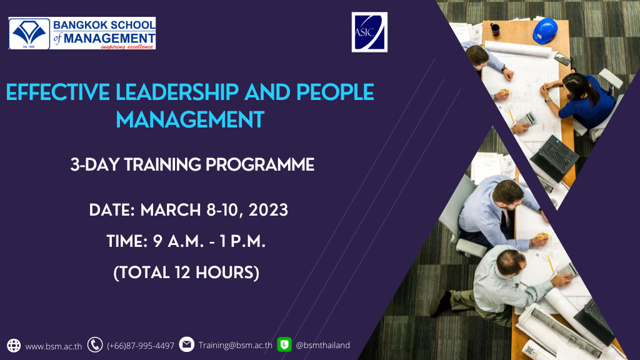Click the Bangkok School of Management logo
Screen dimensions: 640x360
point(82,33)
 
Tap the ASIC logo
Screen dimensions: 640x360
point(369,32)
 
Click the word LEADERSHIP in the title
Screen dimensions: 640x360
point(177,92)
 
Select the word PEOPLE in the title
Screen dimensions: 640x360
point(335,92)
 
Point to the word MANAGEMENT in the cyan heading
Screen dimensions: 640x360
point(190,120)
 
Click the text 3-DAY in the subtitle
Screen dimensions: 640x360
point(95,165)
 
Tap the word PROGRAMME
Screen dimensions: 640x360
point(260,165)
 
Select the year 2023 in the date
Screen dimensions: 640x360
point(268,210)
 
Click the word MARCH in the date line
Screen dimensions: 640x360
point(171,210)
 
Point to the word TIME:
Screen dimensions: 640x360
point(127,241)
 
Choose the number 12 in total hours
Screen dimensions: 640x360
point(183,272)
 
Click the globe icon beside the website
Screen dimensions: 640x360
point(14,345)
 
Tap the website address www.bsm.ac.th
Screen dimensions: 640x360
point(54,346)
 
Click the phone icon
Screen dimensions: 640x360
point(95,345)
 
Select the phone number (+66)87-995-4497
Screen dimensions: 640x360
point(141,346)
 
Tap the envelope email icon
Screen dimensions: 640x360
point(186,344)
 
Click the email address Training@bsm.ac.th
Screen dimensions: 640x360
point(236,345)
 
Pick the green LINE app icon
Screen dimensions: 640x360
point(284,344)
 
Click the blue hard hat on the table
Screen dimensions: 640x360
point(545,31)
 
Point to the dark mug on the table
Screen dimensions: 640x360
point(495,29)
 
